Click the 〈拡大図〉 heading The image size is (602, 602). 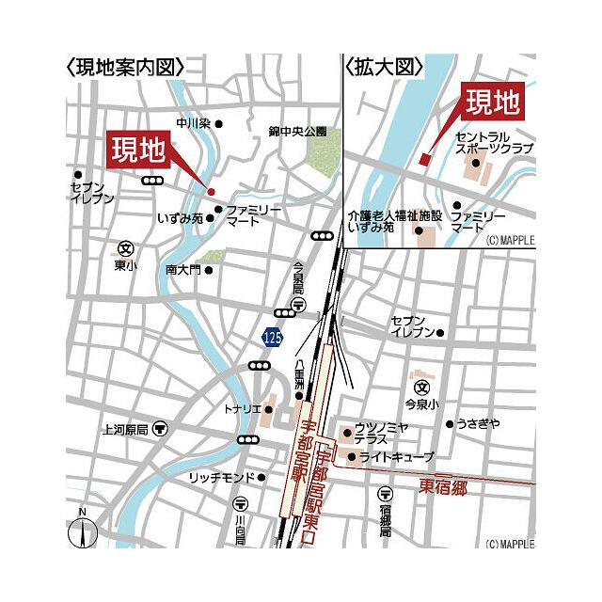point(385,68)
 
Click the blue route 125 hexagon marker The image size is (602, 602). point(272,336)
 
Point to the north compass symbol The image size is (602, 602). point(83,531)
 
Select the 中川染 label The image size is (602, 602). point(194,123)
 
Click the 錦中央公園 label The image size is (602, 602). point(296,132)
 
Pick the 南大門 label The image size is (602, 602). point(182,270)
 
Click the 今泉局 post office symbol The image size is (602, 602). point(298,305)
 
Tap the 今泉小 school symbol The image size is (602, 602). point(422,386)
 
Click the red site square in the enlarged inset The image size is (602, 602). point(424,159)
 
